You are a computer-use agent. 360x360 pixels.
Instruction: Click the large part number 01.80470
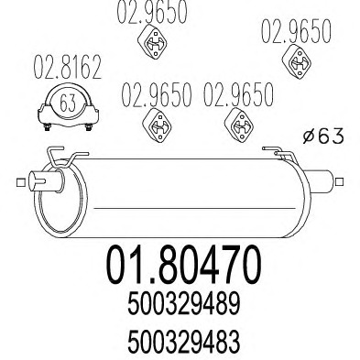coord(183,265)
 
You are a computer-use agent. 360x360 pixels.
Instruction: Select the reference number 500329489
coord(183,305)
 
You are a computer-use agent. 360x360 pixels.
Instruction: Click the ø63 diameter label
coord(323,136)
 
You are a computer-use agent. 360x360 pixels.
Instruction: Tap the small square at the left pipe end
coord(20,182)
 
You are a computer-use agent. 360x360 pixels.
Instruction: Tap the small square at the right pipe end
coord(339,182)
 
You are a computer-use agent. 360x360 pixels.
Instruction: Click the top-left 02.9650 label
coord(152,13)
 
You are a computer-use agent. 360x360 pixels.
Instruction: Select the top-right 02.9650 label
coord(296,30)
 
